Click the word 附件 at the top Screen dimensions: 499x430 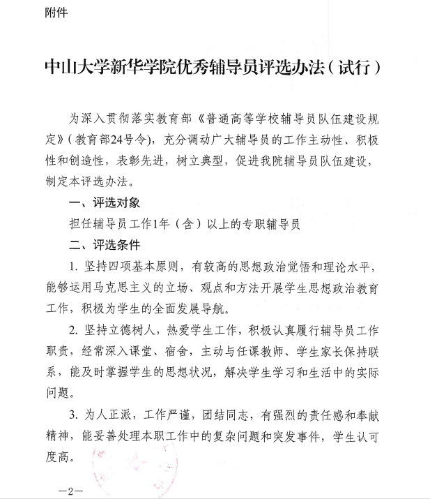(56, 13)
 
